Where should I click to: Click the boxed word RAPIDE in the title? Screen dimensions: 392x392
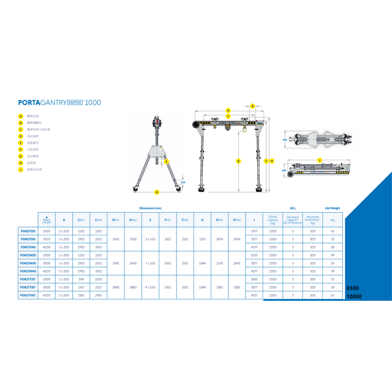point(74,102)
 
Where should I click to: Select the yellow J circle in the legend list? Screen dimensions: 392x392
point(21,169)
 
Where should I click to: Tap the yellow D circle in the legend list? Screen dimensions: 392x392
point(21,136)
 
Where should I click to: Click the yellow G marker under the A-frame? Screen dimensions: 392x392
point(157,192)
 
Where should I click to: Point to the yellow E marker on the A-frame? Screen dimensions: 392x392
point(167,161)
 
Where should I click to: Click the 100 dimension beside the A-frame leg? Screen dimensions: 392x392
point(183,182)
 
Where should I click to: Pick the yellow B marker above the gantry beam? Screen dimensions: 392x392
point(253,105)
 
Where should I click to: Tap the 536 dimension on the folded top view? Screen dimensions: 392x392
point(285,140)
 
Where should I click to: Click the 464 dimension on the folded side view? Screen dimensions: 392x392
point(285,170)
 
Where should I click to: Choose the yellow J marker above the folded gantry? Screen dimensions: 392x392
point(319,160)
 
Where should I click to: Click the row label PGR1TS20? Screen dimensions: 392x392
point(28,231)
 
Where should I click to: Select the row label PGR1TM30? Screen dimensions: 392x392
point(28,263)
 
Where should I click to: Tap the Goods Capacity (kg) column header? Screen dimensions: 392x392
point(273,220)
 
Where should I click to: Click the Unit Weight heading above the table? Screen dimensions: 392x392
point(332,208)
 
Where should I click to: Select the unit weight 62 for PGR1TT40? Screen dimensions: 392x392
point(333,295)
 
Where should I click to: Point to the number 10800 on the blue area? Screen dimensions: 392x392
point(353,296)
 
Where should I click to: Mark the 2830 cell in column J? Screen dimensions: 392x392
point(254,279)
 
